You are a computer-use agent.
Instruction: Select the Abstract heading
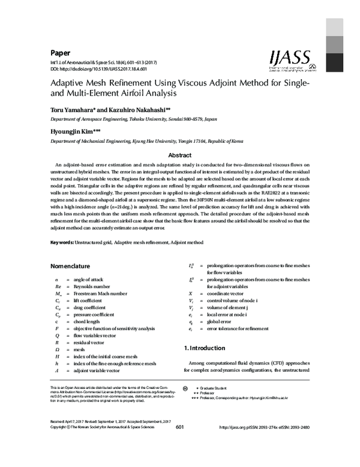pyautogui.click(x=179, y=154)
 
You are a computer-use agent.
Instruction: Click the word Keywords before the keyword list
pyautogui.click(x=61, y=242)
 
